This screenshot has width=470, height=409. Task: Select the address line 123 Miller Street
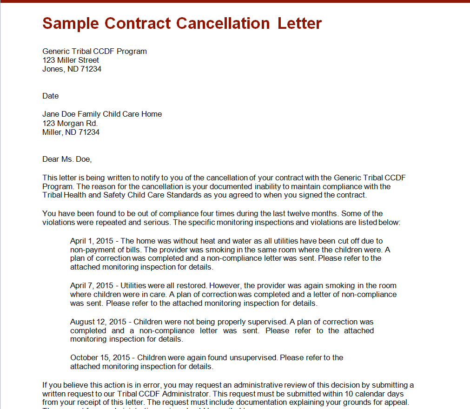pos(71,60)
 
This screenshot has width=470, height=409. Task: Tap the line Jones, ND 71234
pos(72,69)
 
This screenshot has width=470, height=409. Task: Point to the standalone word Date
pos(51,96)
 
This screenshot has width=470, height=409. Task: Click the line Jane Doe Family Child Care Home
pos(102,114)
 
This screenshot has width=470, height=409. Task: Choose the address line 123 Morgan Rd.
pos(70,123)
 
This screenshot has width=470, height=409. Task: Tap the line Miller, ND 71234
pos(71,132)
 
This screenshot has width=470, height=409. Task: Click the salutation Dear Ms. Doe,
pos(67,159)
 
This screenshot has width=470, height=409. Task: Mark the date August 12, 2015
pos(99,322)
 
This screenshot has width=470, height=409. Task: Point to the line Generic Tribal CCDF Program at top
pos(94,51)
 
